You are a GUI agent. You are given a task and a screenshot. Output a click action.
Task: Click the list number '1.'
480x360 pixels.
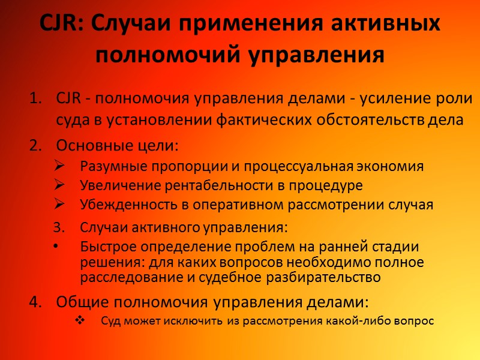[x=38, y=98]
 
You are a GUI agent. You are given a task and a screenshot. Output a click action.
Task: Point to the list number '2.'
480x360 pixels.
[x=38, y=146]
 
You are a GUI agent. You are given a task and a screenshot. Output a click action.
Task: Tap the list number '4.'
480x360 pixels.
[x=38, y=301]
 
